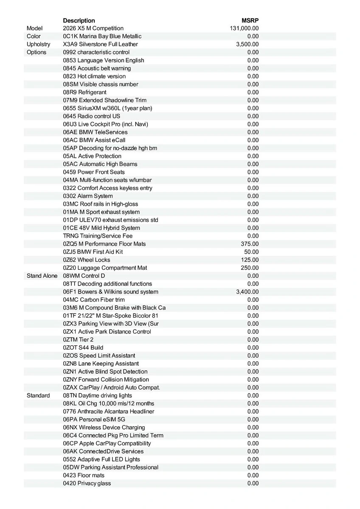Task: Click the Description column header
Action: [x=79, y=20]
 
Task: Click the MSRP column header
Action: [x=250, y=20]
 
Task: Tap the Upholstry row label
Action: [x=38, y=44]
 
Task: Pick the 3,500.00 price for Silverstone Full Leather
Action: [x=247, y=44]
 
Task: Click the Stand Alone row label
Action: [x=42, y=276]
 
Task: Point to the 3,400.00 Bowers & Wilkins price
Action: [x=247, y=292]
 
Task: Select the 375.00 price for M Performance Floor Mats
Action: [x=250, y=244]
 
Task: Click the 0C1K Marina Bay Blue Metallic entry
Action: [x=102, y=36]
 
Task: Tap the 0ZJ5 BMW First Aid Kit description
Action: [x=93, y=252]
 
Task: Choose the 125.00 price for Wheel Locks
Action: [x=250, y=260]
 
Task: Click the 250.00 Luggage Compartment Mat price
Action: [x=250, y=268]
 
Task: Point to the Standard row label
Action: [x=38, y=396]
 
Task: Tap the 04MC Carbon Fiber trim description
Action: [x=94, y=300]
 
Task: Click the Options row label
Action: [x=37, y=52]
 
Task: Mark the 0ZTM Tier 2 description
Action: [x=78, y=340]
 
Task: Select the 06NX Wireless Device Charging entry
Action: [x=104, y=428]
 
